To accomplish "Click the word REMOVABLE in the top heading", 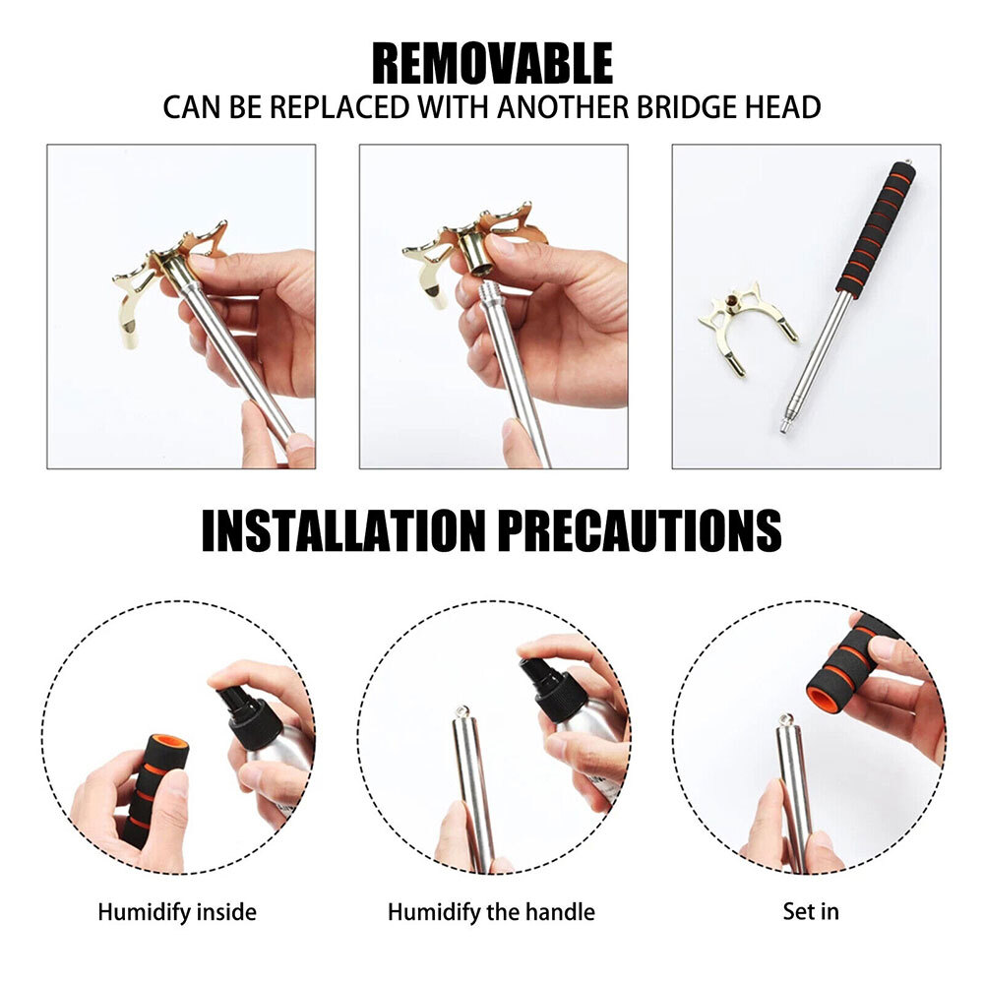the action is [x=492, y=63].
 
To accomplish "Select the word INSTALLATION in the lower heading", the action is [x=343, y=531].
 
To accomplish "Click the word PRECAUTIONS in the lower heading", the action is [x=641, y=531].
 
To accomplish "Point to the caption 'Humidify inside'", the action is [x=177, y=912].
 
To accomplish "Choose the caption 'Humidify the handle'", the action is [x=491, y=912].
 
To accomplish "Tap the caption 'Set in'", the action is [x=811, y=911].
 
